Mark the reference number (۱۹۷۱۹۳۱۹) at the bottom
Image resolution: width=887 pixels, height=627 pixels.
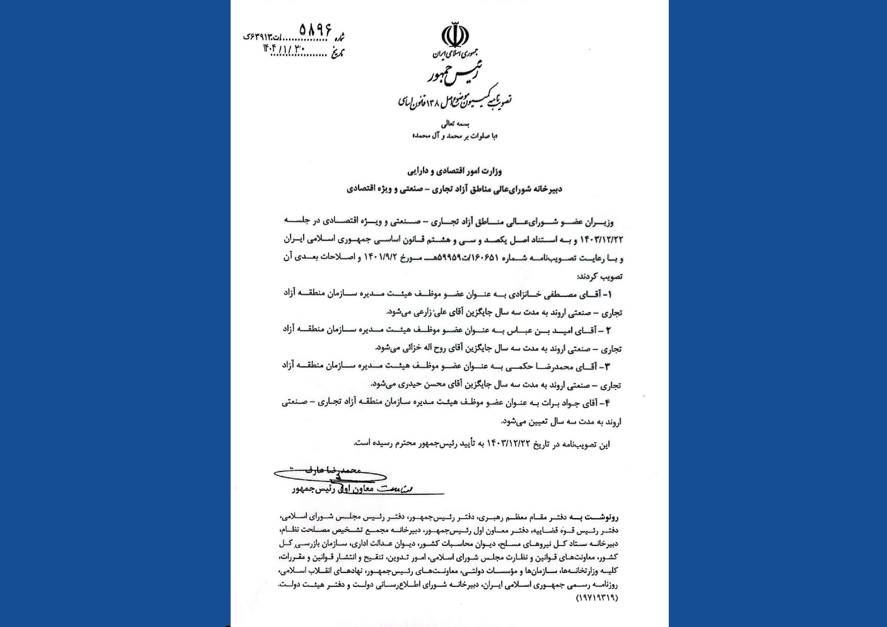tap(597, 598)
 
